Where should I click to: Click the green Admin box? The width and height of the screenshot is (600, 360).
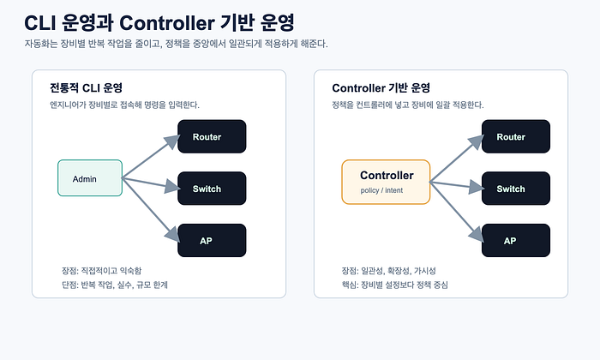tap(90, 178)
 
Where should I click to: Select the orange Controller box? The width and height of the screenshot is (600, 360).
tap(386, 182)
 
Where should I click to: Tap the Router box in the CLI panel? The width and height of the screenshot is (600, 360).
tap(212, 136)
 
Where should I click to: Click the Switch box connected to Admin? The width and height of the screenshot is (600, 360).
tap(212, 189)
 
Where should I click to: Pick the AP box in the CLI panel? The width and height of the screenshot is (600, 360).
tap(212, 241)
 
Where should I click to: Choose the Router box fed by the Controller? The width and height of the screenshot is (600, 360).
tap(516, 136)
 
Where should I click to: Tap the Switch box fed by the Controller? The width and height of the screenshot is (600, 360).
tap(516, 189)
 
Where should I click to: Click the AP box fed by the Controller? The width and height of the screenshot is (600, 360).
tap(516, 241)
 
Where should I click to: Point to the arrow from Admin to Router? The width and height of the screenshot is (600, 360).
tap(151, 157)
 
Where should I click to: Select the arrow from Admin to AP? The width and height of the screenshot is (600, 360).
tap(151, 210)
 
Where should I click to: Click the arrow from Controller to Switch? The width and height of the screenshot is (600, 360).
tap(457, 185)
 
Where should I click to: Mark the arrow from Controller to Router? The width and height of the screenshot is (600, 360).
tap(457, 159)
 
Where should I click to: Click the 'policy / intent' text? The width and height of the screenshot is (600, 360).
tap(381, 190)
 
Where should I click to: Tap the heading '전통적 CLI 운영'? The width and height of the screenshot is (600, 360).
tap(86, 88)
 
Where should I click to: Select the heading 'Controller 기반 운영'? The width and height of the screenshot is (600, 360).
tap(381, 88)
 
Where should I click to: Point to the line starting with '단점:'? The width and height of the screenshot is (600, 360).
tap(115, 285)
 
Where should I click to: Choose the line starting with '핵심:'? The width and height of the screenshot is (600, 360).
tap(395, 285)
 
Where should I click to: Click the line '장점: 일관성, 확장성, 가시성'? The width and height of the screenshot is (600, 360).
tap(389, 271)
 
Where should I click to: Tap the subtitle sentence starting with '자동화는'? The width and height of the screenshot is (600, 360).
tap(176, 44)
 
